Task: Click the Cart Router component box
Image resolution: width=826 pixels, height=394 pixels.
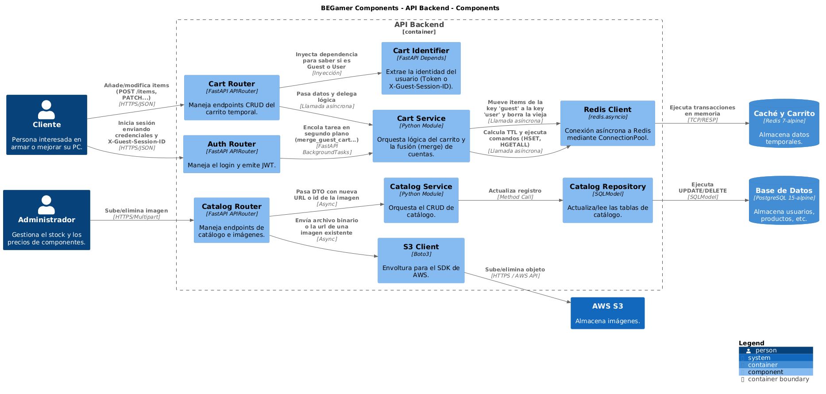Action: point(232,97)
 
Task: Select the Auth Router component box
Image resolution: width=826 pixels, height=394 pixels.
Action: point(232,154)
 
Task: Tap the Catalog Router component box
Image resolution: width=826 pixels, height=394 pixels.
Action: point(232,220)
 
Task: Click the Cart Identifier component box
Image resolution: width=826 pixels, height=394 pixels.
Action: point(421,68)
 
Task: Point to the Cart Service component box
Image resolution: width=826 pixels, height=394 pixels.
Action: point(421,136)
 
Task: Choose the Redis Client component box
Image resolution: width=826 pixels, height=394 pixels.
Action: point(607,123)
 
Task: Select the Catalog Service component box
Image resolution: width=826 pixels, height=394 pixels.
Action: point(421,200)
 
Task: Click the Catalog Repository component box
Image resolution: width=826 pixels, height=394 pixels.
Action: point(607,200)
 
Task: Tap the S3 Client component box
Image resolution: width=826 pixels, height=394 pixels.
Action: point(421,260)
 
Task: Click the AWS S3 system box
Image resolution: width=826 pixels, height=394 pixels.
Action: point(607,313)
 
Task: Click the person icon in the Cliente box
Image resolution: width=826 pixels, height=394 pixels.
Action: point(46,109)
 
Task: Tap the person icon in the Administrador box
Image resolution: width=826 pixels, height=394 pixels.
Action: point(46,205)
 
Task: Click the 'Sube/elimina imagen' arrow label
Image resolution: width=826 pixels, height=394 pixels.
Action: point(136,211)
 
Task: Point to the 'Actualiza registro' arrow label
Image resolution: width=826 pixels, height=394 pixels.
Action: point(515,191)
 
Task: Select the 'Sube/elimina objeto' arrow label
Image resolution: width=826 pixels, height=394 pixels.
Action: point(515,270)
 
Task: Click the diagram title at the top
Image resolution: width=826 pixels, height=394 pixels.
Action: point(410,8)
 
